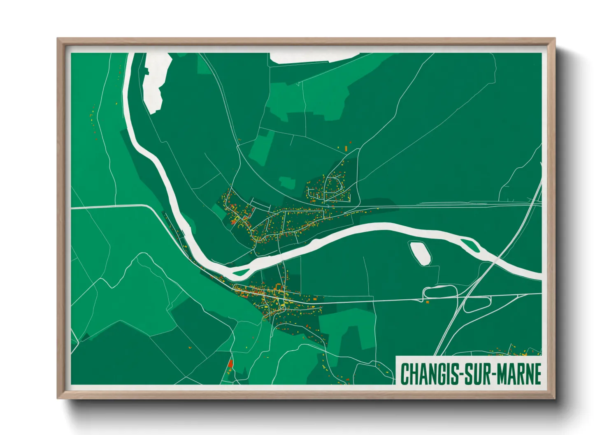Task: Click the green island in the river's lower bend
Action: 240,272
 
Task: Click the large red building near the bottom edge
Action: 230,364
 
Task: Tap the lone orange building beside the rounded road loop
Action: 427,302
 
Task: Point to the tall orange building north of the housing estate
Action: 346,148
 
